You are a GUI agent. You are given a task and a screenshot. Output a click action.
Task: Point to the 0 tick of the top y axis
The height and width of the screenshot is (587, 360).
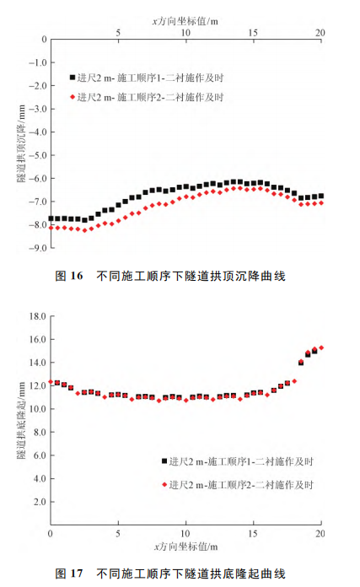tap(41, 40)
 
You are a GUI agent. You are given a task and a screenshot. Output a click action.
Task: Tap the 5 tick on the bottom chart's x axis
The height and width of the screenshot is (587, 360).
tap(118, 535)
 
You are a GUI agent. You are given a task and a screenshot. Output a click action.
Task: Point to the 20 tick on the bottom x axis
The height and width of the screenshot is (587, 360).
tap(320, 535)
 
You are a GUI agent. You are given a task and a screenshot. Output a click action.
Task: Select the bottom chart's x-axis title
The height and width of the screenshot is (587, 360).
tap(185, 547)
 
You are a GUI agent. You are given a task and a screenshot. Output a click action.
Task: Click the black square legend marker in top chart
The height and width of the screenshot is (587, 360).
tap(73, 78)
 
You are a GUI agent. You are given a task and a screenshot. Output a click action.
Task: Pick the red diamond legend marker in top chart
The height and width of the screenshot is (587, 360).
tap(73, 98)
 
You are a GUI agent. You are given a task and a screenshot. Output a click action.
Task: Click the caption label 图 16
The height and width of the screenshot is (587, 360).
tap(70, 275)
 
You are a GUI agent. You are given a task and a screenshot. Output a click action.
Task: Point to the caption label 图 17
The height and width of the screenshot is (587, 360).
tap(70, 574)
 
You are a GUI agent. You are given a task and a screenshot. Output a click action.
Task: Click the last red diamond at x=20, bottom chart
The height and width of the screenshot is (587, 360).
tap(320, 347)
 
